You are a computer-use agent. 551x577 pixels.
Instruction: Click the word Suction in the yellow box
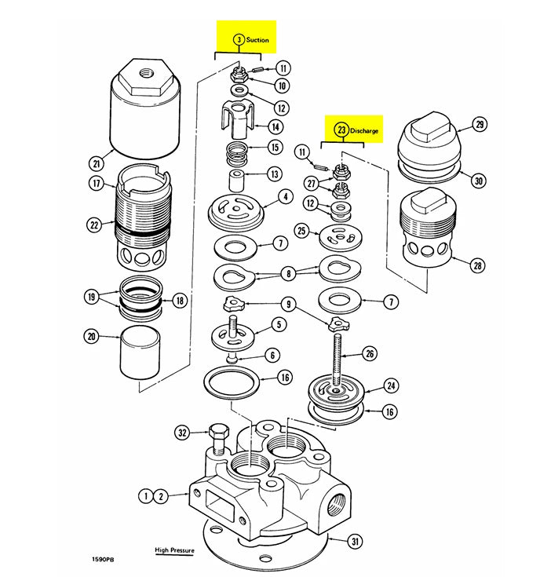pos(257,39)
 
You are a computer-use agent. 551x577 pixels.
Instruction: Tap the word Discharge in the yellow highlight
pos(364,130)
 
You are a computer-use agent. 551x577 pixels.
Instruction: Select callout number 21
pos(97,163)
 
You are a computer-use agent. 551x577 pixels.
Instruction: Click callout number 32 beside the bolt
pos(183,432)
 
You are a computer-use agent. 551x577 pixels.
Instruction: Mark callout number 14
pos(275,126)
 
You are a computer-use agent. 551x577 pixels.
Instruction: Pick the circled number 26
pos(370,354)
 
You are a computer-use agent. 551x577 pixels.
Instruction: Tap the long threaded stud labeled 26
pos(338,357)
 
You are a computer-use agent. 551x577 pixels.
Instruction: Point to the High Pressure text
pos(174,550)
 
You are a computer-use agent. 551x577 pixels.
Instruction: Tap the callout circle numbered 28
pos(478,265)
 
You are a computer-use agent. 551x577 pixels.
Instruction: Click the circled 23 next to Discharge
pos(341,130)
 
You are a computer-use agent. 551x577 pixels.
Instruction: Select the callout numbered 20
pos(92,337)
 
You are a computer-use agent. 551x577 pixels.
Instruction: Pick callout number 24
pos(390,385)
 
